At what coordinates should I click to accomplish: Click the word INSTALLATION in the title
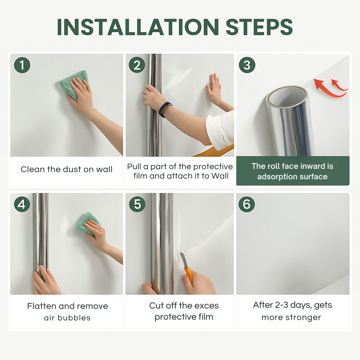click(x=138, y=27)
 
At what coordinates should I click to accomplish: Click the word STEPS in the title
click(x=259, y=27)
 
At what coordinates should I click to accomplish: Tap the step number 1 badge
click(x=22, y=65)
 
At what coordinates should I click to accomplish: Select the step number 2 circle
click(x=137, y=65)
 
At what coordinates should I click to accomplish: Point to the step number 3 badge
click(x=247, y=65)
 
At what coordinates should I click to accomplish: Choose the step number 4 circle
click(x=22, y=204)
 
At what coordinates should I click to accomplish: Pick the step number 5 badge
click(x=137, y=204)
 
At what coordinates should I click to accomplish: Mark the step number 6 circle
click(x=247, y=204)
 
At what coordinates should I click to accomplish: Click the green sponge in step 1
click(x=73, y=84)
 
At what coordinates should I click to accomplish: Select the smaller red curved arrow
click(x=338, y=85)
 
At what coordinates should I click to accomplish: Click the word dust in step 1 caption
click(x=72, y=169)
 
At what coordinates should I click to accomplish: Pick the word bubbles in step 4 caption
click(x=74, y=318)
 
